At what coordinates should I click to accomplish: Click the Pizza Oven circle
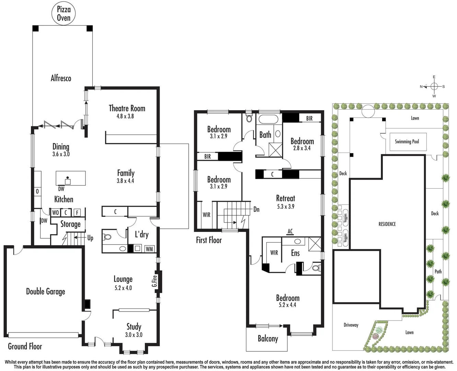point(63,14)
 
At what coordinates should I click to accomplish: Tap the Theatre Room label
point(127,108)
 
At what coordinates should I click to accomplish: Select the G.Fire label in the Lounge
point(155,281)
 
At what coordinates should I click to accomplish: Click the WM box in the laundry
point(149,249)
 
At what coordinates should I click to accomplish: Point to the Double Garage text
point(45,292)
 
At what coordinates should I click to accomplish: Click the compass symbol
point(434,86)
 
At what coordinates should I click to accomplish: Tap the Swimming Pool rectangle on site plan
point(407,142)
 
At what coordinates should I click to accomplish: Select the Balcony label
point(268,339)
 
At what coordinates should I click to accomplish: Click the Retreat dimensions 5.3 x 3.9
point(285,206)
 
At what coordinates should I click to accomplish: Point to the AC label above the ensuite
point(290,231)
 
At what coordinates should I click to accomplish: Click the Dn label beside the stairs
point(256,209)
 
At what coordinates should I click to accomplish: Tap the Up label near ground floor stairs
point(90,238)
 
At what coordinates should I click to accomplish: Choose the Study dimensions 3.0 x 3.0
point(133,335)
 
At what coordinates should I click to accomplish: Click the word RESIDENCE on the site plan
point(387,224)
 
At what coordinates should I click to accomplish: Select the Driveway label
point(351,325)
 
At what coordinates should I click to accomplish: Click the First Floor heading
point(209,240)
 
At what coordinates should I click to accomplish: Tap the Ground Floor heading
point(25,346)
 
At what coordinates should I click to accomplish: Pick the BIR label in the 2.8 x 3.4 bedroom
point(309,118)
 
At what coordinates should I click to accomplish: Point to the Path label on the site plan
point(438,271)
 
